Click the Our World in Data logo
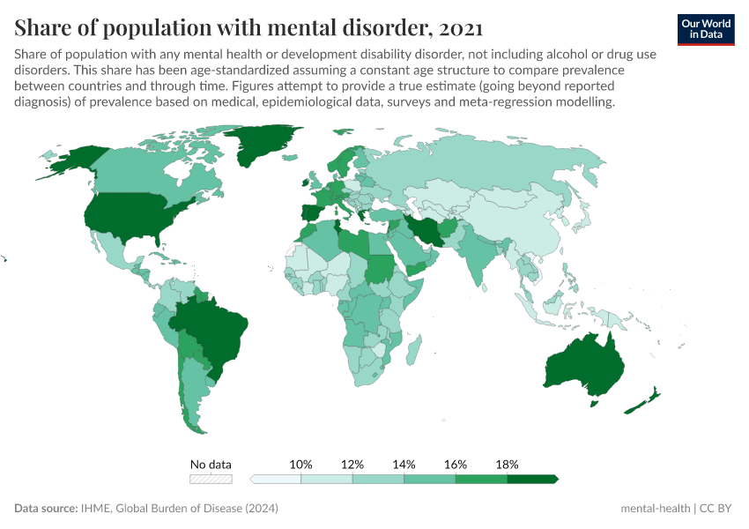706,29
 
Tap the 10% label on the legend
301,464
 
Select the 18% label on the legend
508,464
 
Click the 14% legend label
404,464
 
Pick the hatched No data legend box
211,479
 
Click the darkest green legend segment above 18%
532,479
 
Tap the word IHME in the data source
95,509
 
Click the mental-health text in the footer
655,509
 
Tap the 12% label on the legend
352,464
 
